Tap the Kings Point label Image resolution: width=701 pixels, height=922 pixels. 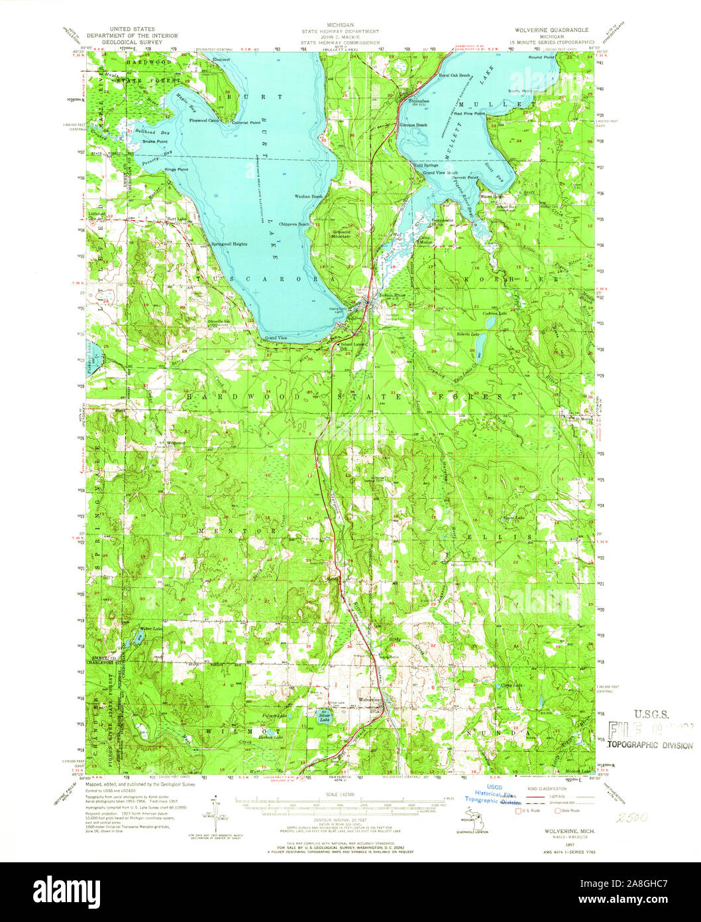point(176,170)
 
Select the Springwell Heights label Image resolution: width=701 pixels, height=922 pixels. point(229,244)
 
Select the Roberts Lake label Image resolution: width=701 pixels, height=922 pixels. point(466,334)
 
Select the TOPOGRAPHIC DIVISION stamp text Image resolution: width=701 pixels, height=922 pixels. point(649,745)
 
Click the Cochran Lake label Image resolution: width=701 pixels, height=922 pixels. point(494,312)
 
